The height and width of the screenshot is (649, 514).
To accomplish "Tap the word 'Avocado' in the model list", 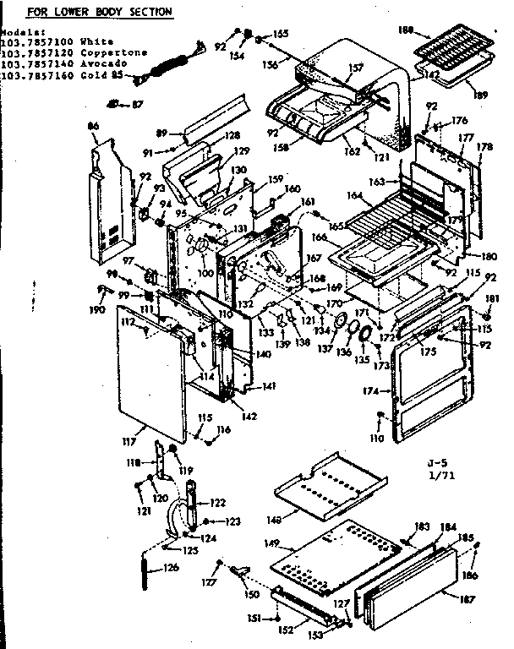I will point(105,63).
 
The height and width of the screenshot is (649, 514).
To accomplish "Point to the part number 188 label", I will point(405,30).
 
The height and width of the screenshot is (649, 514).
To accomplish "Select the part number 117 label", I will point(129,439).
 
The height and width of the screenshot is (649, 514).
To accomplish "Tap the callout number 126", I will point(172,567).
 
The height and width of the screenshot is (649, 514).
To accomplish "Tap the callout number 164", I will point(355,196).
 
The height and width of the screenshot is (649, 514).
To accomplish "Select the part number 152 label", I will point(287,630).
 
